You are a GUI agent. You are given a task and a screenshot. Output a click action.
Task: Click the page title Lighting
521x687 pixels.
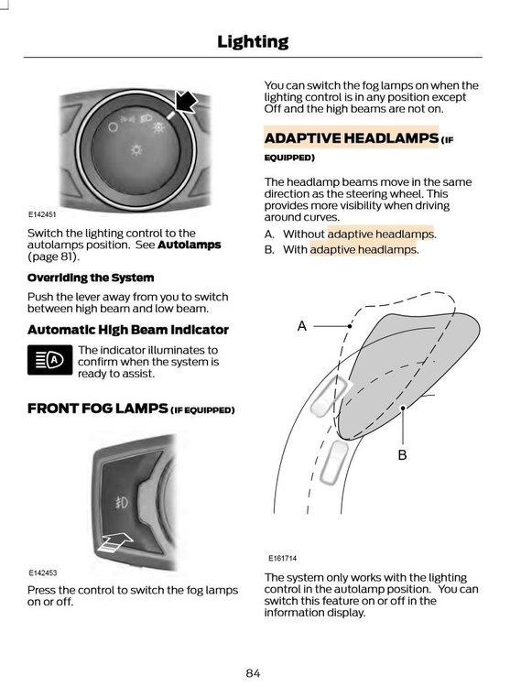253,42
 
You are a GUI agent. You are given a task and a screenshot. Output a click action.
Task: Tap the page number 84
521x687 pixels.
253,673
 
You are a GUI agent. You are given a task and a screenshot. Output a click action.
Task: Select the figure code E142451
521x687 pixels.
42,214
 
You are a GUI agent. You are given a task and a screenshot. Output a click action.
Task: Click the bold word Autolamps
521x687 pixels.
190,245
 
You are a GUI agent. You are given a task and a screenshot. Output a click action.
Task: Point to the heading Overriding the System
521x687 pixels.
91,278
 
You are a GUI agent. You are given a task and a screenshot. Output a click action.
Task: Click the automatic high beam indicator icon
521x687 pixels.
50,360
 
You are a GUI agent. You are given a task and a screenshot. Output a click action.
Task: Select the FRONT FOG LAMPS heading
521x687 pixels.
131,409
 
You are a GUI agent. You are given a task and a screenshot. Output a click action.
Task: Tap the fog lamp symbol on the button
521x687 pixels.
121,502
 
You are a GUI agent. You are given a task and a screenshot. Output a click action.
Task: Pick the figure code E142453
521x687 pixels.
43,572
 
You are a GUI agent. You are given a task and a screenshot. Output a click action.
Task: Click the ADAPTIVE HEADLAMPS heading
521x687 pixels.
351,138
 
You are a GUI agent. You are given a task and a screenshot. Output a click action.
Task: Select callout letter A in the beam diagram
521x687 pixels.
302,326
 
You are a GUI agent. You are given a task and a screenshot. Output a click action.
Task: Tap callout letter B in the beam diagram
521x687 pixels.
402,455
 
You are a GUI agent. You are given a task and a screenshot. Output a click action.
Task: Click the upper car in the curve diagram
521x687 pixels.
331,396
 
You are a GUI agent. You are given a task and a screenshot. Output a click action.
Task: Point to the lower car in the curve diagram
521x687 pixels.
333,463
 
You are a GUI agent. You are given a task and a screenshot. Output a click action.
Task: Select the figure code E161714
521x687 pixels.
282,558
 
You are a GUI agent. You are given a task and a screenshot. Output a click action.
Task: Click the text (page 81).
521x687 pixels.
53,256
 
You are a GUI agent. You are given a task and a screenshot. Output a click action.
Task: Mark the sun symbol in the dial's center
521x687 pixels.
136,150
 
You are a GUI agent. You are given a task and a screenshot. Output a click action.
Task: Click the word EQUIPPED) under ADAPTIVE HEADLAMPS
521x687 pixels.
289,158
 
